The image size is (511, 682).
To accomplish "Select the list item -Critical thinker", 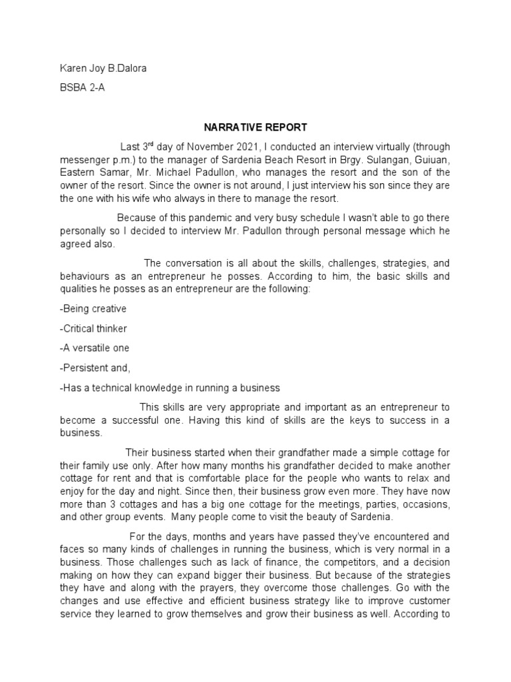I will [x=93, y=328].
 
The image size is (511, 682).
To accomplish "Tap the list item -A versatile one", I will [x=94, y=348].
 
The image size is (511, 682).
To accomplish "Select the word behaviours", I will [x=85, y=276].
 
